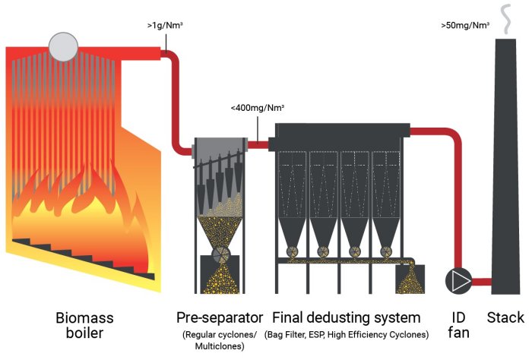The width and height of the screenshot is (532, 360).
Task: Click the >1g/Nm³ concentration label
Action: [164, 27]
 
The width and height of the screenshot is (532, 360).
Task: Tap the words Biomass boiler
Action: [87, 324]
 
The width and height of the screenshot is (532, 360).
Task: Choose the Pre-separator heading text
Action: [220, 317]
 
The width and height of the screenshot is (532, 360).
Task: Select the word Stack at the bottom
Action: [505, 317]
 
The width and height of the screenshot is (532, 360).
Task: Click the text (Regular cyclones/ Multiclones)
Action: [220, 339]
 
